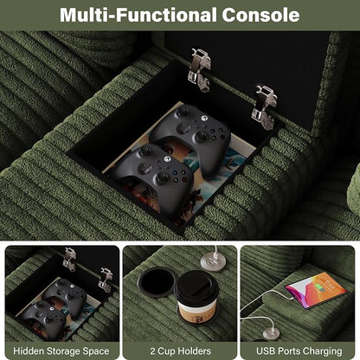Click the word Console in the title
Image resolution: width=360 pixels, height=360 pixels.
tap(260, 15)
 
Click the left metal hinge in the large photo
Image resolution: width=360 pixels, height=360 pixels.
tap(200, 70)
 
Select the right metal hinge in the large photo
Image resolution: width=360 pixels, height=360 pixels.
tap(265, 106)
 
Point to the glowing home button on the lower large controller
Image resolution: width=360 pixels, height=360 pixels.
tap(167, 158)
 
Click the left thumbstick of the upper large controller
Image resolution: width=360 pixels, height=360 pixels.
tap(182, 111)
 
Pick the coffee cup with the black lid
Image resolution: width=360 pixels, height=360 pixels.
tap(196, 297)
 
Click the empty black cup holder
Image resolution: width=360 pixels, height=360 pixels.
tap(157, 282)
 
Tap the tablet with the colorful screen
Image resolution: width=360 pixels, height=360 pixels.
tap(316, 289)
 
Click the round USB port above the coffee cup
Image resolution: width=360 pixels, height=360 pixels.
tap(214, 262)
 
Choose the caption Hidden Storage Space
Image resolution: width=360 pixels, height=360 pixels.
tap(61, 351)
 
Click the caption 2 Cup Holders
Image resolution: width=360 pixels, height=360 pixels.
tap(180, 351)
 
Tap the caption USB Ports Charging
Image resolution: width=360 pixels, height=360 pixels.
tap(299, 351)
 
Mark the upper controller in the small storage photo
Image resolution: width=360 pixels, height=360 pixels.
tap(67, 295)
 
